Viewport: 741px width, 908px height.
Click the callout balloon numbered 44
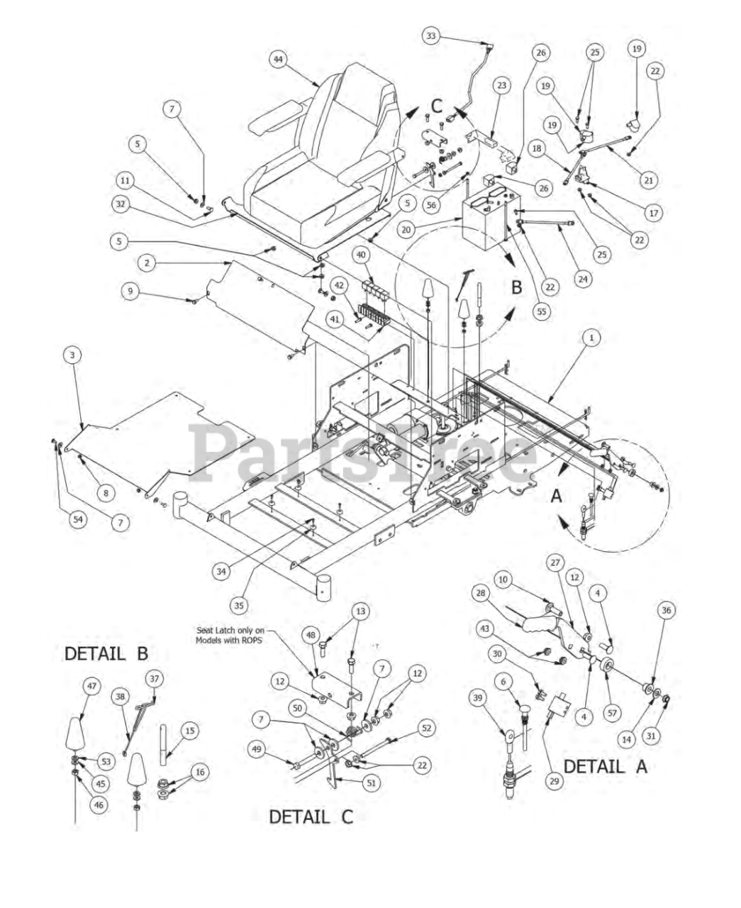278,60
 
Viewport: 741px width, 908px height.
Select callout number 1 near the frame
591,338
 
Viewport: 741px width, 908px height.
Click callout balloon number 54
78,519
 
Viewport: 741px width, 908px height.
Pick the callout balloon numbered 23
502,85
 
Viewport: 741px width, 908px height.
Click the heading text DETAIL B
106,653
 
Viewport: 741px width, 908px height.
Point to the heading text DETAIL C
310,816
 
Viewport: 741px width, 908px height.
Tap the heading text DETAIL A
605,766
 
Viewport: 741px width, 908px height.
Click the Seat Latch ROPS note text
230,634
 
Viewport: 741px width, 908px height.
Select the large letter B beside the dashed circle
517,287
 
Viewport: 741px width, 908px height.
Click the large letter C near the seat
437,106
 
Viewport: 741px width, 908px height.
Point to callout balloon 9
130,290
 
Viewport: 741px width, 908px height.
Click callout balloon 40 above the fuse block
362,255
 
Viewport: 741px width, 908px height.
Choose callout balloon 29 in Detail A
554,780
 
